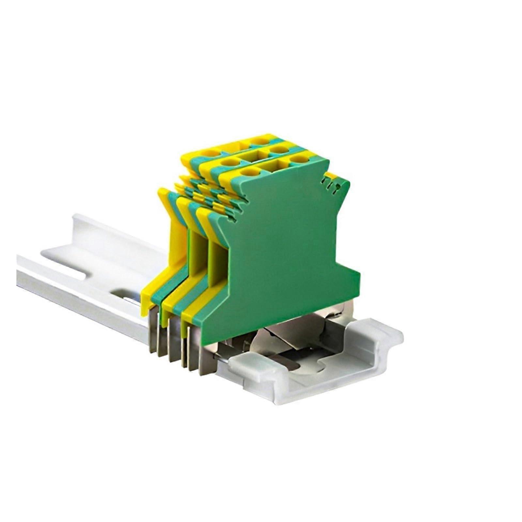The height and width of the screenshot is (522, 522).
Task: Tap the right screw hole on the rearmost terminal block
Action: tap(260, 141)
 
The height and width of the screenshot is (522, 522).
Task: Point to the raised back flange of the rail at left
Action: tap(108, 228)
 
